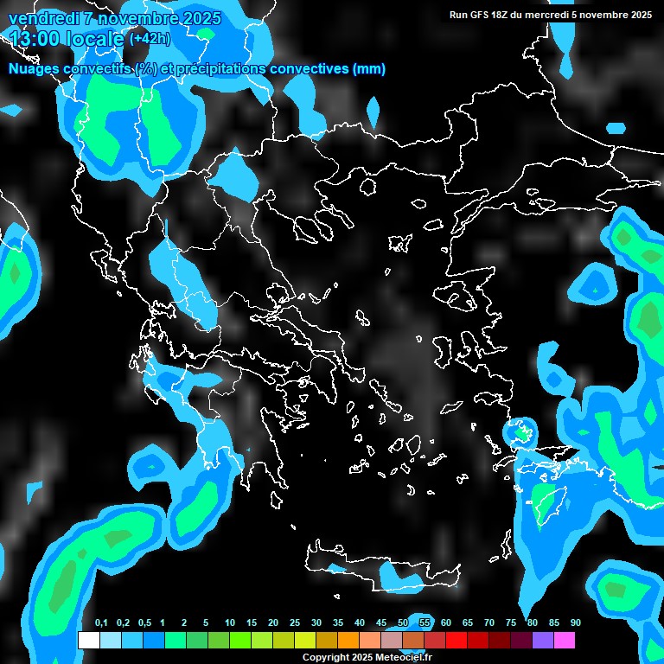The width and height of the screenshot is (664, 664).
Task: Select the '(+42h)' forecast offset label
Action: tap(149, 38)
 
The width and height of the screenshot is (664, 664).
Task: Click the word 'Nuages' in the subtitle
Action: tap(32, 69)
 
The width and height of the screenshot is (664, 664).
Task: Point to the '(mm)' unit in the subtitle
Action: tap(369, 69)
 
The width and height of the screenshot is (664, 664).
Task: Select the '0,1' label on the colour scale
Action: tap(101, 623)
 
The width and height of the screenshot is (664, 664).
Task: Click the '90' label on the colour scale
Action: tap(576, 623)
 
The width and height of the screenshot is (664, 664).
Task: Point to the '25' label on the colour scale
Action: tap(295, 623)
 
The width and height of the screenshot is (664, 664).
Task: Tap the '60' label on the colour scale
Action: tap(446, 623)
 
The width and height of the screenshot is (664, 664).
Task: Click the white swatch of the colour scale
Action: tap(88, 640)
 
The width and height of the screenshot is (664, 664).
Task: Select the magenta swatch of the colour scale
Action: tap(564, 640)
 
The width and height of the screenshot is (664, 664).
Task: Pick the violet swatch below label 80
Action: tap(542, 640)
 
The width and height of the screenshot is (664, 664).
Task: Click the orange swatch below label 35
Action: tap(348, 640)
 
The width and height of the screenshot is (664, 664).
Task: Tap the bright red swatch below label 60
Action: tap(456, 640)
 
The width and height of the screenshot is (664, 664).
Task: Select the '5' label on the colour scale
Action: tap(206, 623)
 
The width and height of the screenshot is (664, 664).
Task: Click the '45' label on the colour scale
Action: tap(381, 623)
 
